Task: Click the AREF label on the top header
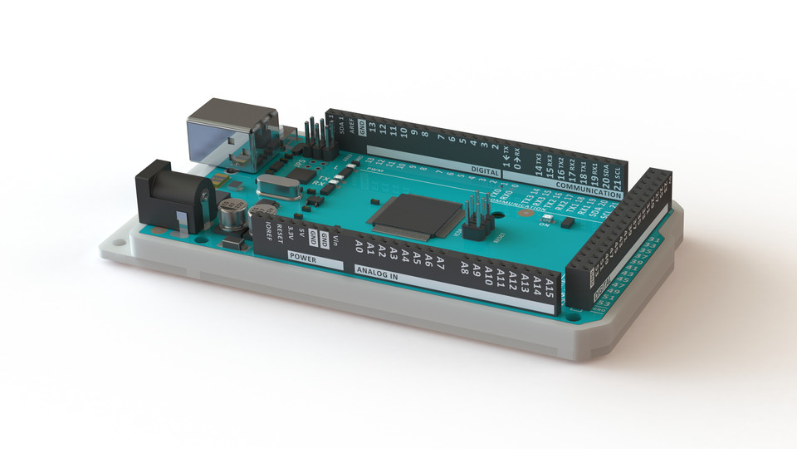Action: coord(352,126)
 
